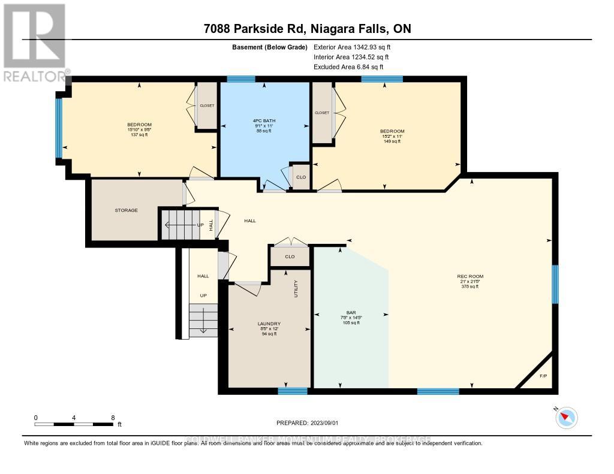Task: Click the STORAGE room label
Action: (x=127, y=210)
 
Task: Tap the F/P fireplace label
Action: (x=543, y=376)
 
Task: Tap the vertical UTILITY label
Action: (x=296, y=288)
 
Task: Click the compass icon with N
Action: (x=566, y=417)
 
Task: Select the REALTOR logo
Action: (x=34, y=42)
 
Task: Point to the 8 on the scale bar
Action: (x=112, y=417)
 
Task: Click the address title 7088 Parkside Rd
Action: (x=306, y=29)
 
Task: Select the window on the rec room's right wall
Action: (x=555, y=284)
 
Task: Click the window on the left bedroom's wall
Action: (x=58, y=128)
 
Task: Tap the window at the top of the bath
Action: (x=241, y=79)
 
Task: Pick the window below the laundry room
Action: (x=293, y=391)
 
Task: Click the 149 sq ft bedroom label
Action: (x=392, y=136)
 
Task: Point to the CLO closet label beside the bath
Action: (x=301, y=177)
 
